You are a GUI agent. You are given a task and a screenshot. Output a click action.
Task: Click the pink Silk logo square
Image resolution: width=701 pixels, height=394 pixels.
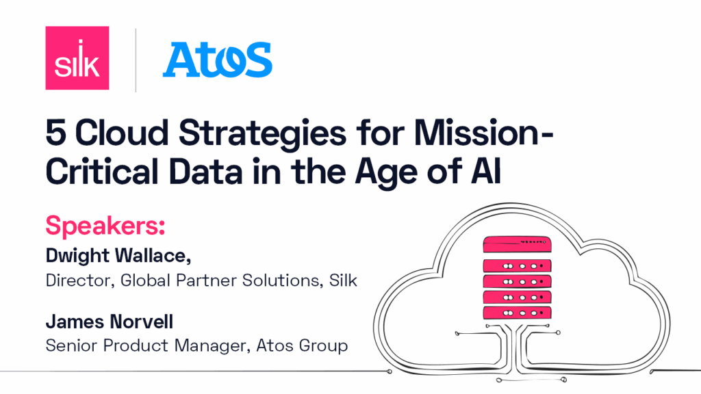click(x=77, y=58)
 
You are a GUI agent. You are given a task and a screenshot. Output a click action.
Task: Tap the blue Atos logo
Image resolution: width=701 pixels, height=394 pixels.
click(x=217, y=60)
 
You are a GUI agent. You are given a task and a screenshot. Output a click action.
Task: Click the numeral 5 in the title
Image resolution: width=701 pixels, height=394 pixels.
click(x=56, y=133)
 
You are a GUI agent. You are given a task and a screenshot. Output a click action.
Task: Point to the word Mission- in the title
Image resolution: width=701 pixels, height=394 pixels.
click(x=484, y=133)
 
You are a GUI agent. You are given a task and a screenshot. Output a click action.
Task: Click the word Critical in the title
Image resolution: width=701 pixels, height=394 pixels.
click(x=102, y=172)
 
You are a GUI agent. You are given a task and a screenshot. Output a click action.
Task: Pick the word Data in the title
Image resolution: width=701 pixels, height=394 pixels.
click(x=205, y=172)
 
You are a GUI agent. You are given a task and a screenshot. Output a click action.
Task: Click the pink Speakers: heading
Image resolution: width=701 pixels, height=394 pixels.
click(x=105, y=226)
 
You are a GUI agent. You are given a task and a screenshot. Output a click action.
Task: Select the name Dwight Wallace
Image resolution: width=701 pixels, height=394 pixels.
click(x=118, y=256)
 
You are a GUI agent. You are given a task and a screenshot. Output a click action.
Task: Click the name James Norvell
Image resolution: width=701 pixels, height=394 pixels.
click(x=110, y=321)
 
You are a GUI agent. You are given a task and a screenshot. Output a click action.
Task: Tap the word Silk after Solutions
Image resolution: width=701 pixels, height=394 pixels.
click(x=343, y=280)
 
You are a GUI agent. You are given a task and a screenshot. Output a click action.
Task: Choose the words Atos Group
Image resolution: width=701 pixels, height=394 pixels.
click(x=302, y=345)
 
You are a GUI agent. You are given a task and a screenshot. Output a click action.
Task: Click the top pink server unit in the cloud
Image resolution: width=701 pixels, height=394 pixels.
click(x=517, y=245)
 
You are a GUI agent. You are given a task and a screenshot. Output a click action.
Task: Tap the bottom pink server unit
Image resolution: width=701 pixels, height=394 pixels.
click(x=517, y=313)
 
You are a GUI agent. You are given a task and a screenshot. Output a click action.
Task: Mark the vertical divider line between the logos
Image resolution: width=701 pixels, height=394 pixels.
click(x=136, y=60)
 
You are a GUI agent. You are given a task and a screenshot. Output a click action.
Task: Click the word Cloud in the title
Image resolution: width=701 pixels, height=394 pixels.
click(x=122, y=133)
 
